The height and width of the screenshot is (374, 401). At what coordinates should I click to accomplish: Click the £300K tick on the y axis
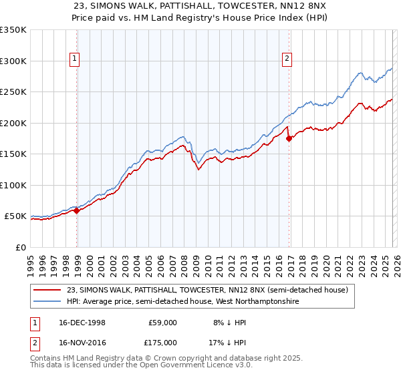coord(13,61)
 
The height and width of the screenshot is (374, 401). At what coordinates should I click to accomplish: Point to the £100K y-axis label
coord(13,185)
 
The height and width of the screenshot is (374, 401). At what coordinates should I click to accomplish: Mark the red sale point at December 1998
coord(77,210)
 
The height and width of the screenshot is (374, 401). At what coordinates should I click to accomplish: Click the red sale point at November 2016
coord(289,139)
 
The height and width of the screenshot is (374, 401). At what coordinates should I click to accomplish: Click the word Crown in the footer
coord(161,357)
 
